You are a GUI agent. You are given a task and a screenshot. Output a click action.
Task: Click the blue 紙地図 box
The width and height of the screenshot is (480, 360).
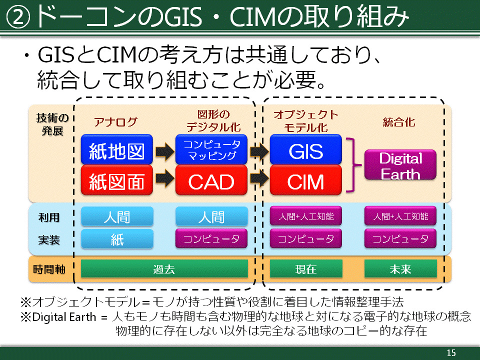(116, 149)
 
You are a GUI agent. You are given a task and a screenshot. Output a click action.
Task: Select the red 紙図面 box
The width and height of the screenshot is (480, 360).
(116, 180)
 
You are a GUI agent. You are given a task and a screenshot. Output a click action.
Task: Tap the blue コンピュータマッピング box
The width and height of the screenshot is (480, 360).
(211, 149)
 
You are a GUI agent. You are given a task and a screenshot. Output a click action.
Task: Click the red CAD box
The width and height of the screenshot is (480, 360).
(211, 180)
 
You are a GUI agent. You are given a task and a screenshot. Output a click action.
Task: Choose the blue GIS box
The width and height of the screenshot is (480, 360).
(306, 149)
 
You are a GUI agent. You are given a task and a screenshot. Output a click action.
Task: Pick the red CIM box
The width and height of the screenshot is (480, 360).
(306, 180)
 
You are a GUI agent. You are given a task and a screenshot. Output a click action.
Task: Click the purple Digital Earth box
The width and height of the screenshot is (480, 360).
(400, 164)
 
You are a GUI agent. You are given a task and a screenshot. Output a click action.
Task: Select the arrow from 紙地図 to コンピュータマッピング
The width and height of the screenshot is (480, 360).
(164, 151)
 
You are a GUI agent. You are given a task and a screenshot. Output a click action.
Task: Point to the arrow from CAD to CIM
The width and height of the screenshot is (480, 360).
(259, 178)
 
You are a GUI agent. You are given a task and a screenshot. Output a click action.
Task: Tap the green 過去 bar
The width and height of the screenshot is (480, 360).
(164, 269)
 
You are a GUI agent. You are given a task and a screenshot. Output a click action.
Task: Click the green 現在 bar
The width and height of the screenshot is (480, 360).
(306, 269)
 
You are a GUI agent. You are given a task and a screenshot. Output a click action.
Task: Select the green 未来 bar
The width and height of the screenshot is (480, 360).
(400, 269)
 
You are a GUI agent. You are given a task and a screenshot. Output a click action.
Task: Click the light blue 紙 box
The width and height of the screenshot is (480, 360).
(117, 239)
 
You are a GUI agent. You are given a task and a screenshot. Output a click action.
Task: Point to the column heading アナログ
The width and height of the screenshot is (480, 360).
(115, 122)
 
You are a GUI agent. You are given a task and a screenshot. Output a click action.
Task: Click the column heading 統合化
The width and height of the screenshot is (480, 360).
(399, 122)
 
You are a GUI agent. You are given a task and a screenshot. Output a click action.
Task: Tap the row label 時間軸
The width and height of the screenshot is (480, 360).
(49, 269)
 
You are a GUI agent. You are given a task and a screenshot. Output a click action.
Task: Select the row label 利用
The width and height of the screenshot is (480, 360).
(49, 217)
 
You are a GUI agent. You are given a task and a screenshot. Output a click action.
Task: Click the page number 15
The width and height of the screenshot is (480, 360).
(451, 352)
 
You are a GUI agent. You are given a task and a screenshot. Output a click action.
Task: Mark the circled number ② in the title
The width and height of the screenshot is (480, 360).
(18, 18)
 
